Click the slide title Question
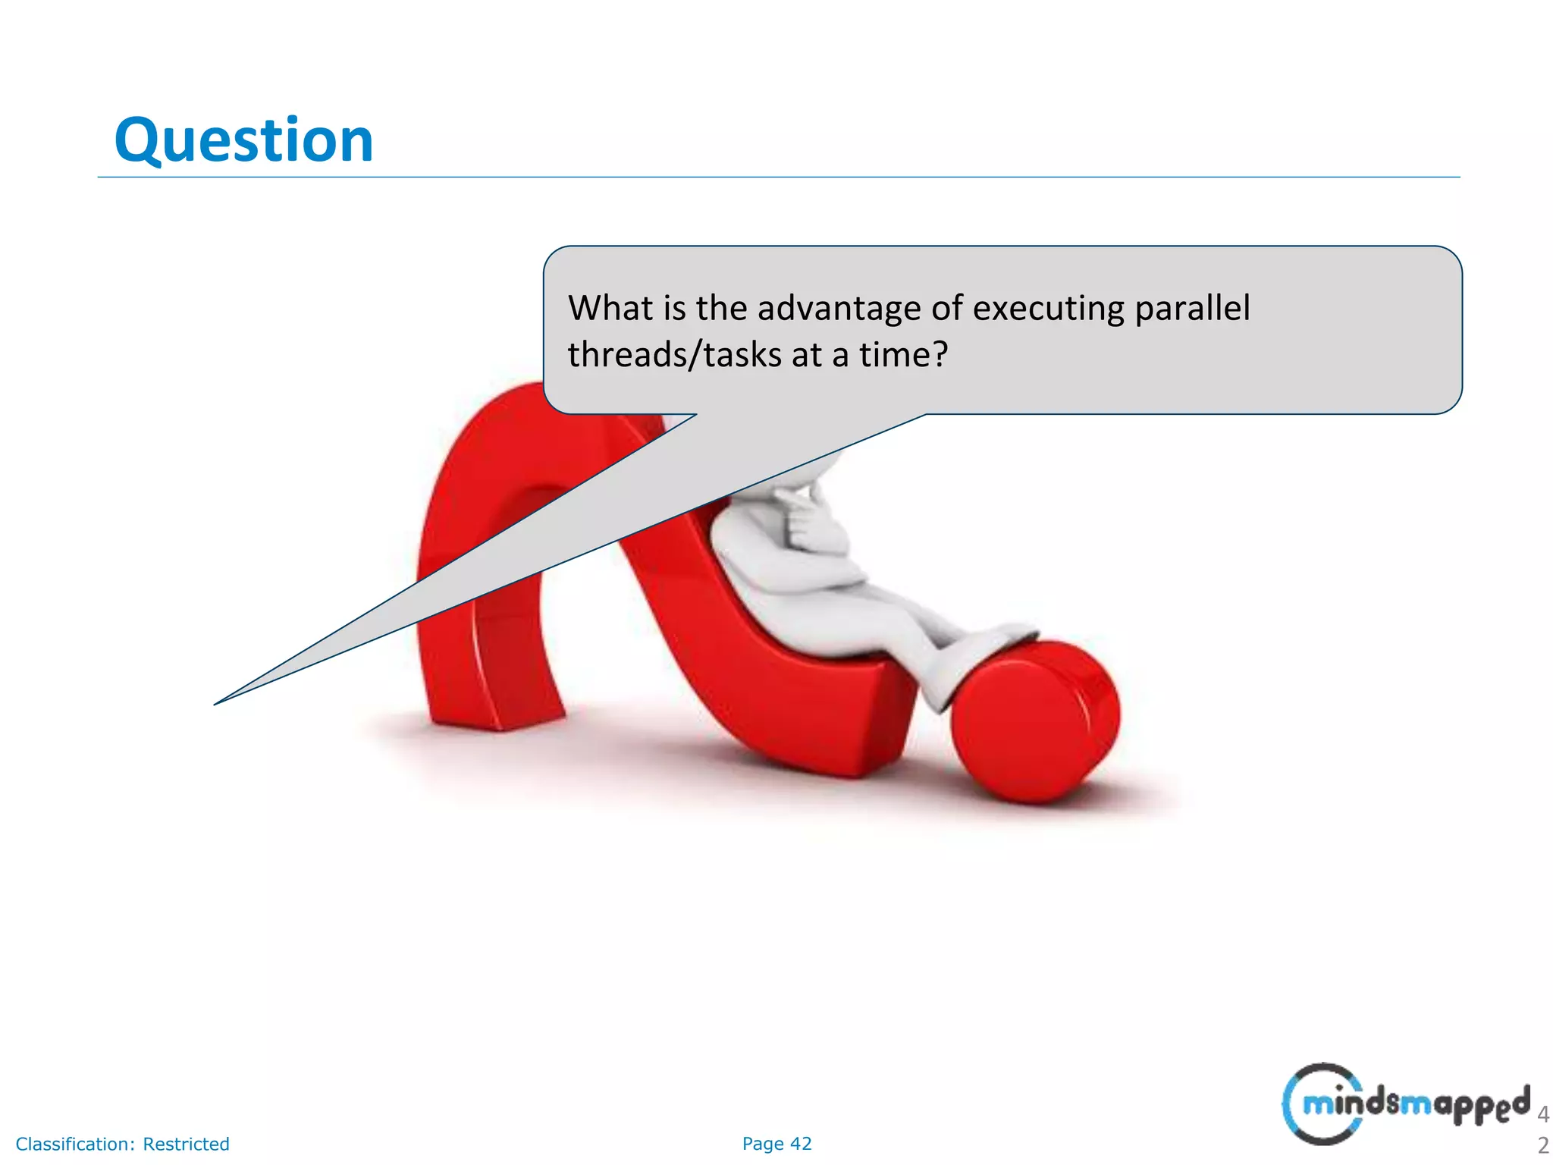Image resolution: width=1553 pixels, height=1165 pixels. click(x=243, y=141)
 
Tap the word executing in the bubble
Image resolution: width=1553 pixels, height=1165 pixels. click(x=1047, y=309)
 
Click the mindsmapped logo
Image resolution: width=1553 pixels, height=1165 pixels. click(x=1407, y=1104)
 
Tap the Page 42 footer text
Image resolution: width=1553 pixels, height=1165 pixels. click(x=776, y=1144)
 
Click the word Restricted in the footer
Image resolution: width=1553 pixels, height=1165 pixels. click(x=186, y=1144)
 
